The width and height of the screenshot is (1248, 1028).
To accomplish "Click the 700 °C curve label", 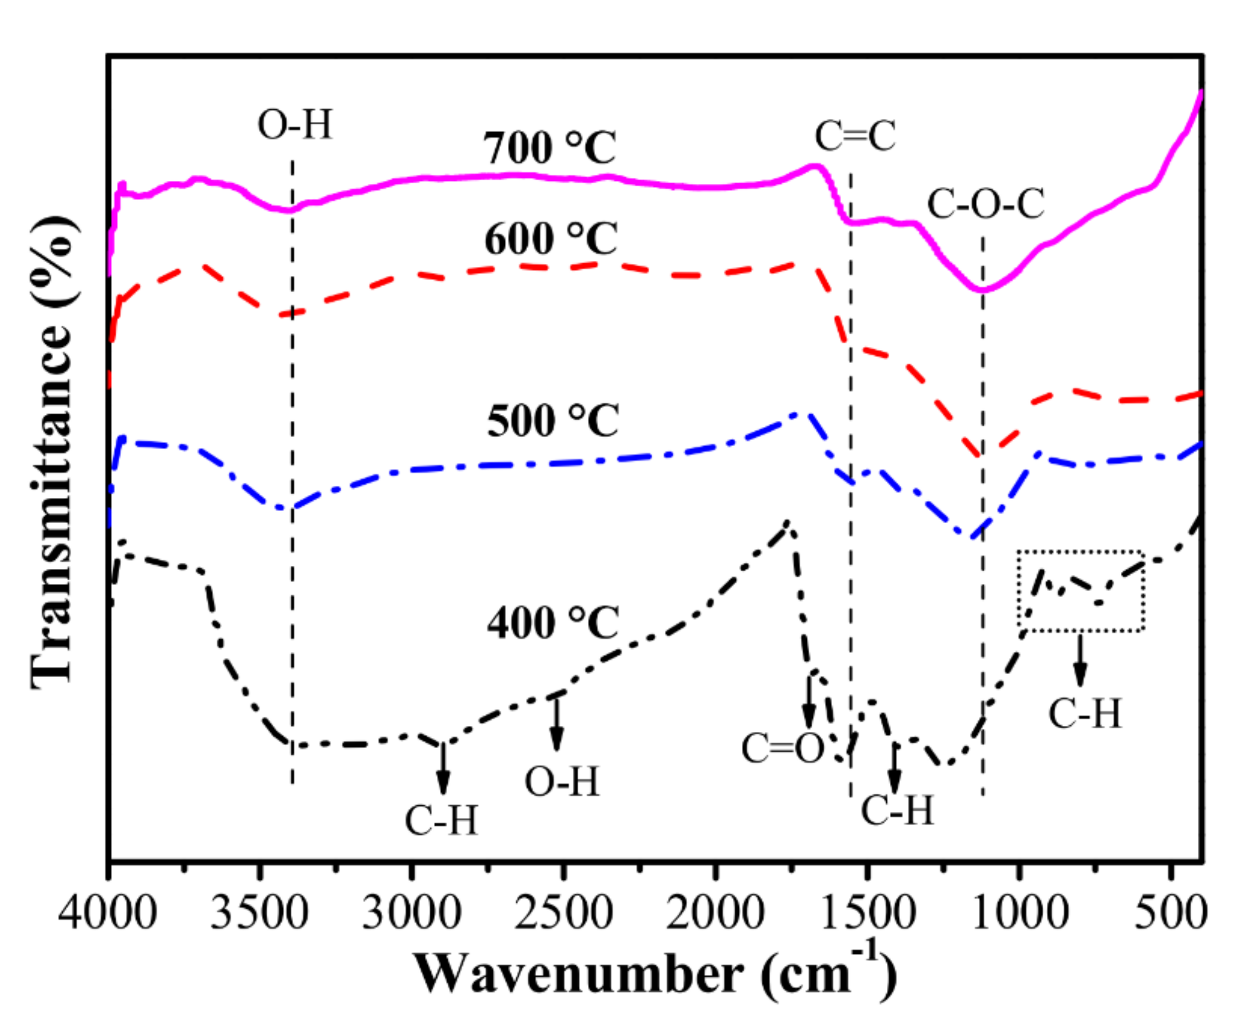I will pyautogui.click(x=549, y=148).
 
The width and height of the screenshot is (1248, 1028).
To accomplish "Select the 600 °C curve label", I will pyautogui.click(x=550, y=239).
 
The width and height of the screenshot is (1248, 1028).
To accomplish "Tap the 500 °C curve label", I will pyautogui.click(x=553, y=421).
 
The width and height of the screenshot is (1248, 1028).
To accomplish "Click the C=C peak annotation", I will pyautogui.click(x=855, y=136).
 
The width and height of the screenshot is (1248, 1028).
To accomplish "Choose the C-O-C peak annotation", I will pyautogui.click(x=985, y=204).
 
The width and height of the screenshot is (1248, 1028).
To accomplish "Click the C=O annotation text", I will pyautogui.click(x=782, y=748).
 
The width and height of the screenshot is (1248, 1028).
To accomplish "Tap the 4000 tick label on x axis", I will pyautogui.click(x=107, y=913).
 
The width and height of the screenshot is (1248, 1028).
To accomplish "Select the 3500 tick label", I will pyautogui.click(x=259, y=913).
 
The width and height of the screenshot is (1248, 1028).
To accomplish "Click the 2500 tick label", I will pyautogui.click(x=563, y=913).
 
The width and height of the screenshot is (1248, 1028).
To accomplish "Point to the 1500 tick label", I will pyautogui.click(x=867, y=913).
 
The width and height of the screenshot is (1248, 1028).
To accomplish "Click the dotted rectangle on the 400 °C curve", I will pyautogui.click(x=1080, y=590).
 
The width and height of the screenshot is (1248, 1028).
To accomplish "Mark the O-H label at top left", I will pyautogui.click(x=294, y=125).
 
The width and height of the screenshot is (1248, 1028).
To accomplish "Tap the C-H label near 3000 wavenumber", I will pyautogui.click(x=442, y=820).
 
